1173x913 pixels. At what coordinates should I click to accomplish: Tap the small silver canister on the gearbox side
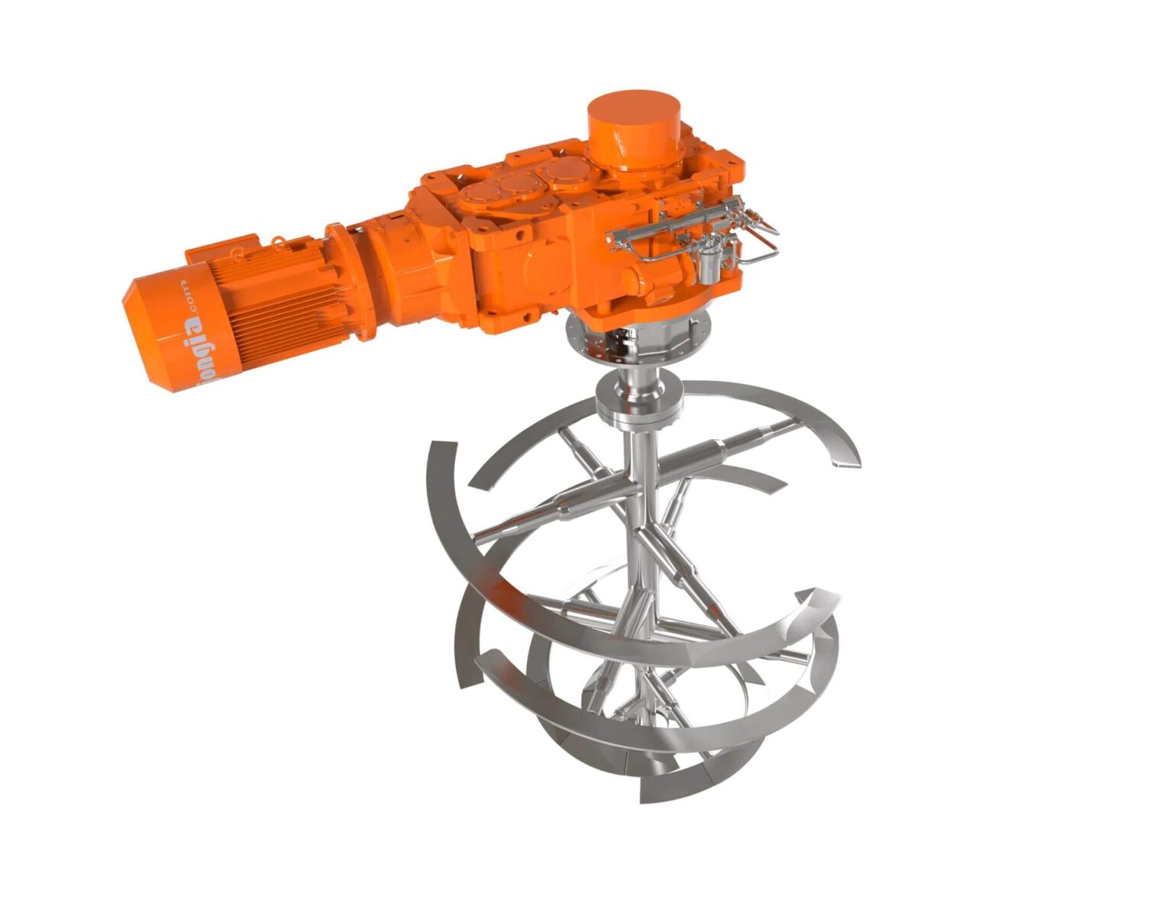click(x=709, y=264)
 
